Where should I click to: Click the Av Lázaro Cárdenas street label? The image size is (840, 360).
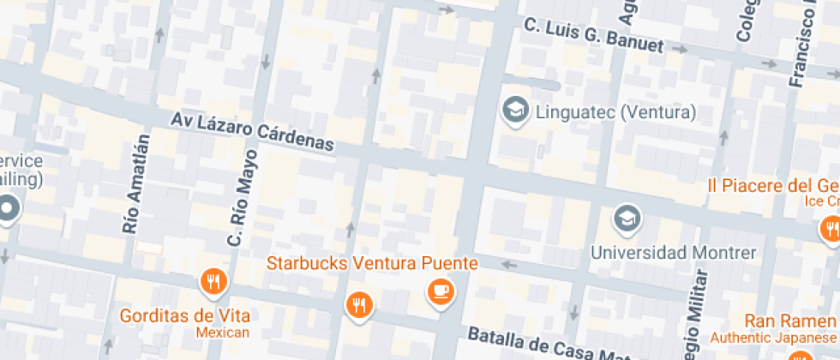pyautogui.click(x=251, y=132)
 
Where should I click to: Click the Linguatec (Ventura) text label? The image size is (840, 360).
pyautogui.click(x=615, y=112)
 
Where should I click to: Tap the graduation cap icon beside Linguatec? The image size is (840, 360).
pyautogui.click(x=514, y=111)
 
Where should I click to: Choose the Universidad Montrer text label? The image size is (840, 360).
pyautogui.click(x=674, y=253)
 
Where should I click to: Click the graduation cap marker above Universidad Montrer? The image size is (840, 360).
pyautogui.click(x=627, y=218)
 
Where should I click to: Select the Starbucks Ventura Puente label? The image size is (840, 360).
pyautogui.click(x=372, y=262)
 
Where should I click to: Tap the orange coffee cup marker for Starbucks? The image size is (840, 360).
pyautogui.click(x=441, y=292)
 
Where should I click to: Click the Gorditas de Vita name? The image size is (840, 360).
pyautogui.click(x=184, y=315)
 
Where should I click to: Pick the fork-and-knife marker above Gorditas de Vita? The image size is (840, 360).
pyautogui.click(x=213, y=281)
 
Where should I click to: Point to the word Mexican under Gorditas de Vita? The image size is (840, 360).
pyautogui.click(x=222, y=333)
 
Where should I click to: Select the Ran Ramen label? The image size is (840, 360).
pyautogui.click(x=790, y=321)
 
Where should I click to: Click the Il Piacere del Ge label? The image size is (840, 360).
pyautogui.click(x=772, y=186)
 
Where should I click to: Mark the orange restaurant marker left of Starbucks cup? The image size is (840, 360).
pyautogui.click(x=359, y=304)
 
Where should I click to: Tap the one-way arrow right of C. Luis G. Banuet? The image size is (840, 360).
pyautogui.click(x=681, y=49)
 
